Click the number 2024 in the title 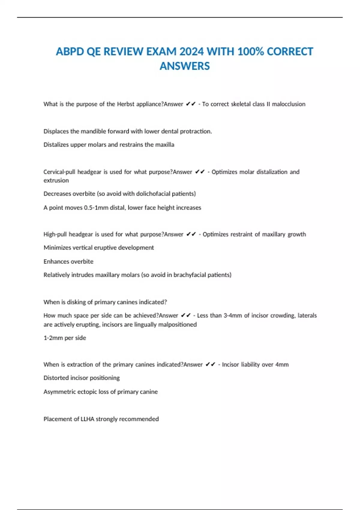tap(190, 52)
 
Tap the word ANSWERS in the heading tap(184, 66)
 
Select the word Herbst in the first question tap(126, 104)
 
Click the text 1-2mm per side tap(65, 338)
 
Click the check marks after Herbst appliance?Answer tap(191, 104)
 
